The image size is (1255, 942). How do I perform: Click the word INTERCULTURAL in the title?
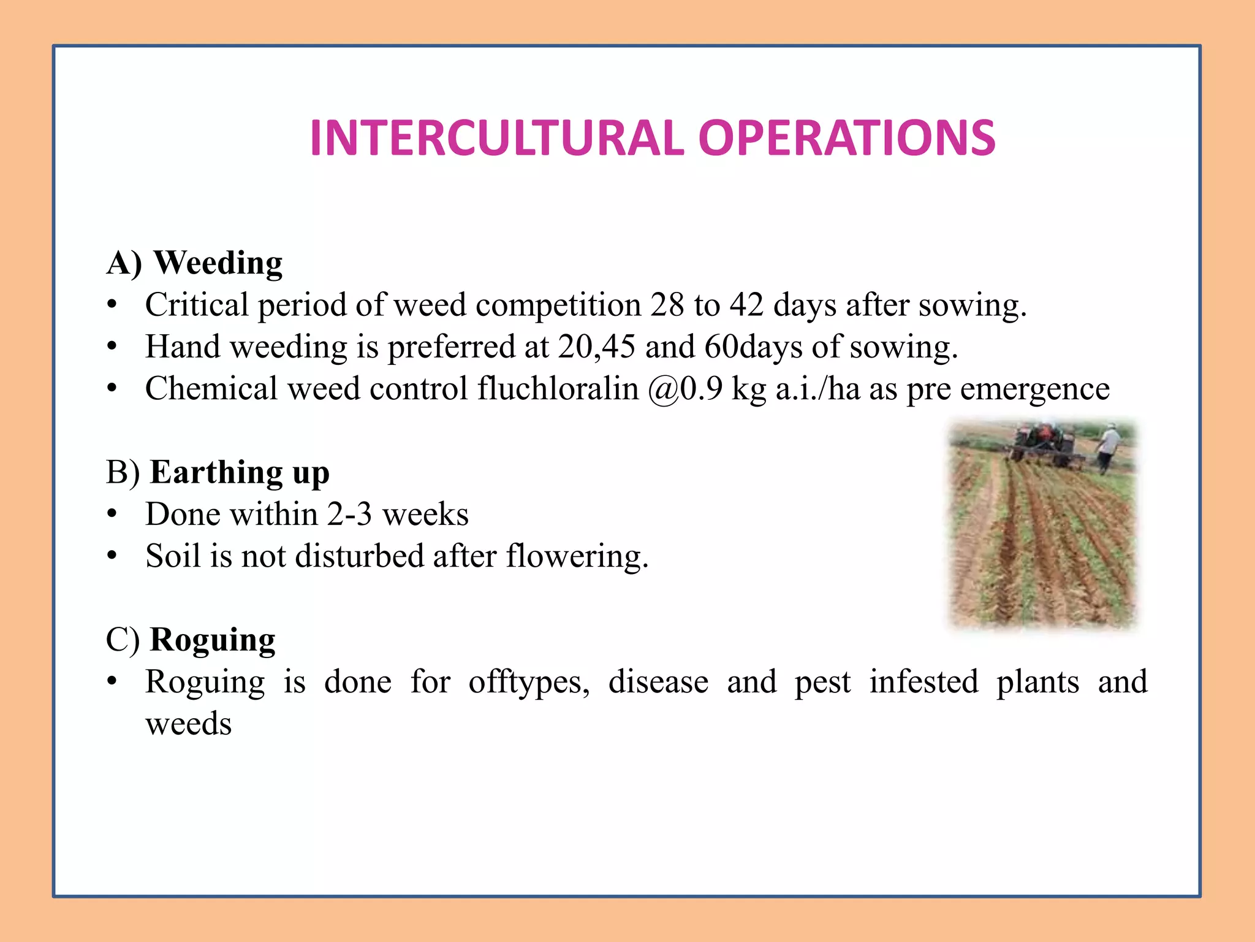[496, 138]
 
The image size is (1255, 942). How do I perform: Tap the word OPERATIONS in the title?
[847, 138]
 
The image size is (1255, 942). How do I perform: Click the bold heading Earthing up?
[240, 472]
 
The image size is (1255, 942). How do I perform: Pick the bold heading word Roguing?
[213, 640]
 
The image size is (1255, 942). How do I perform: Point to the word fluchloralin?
[558, 389]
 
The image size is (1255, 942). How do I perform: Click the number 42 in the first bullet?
[746, 305]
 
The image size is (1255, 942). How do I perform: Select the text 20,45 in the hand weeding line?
[596, 347]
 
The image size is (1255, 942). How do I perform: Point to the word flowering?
[577, 556]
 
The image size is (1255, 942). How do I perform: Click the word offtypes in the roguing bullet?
[529, 682]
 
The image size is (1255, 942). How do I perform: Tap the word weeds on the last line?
[189, 724]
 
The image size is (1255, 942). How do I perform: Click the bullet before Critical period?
[112, 305]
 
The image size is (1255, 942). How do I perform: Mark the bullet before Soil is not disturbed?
[112, 556]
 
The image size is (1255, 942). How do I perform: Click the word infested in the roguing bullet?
[923, 682]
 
